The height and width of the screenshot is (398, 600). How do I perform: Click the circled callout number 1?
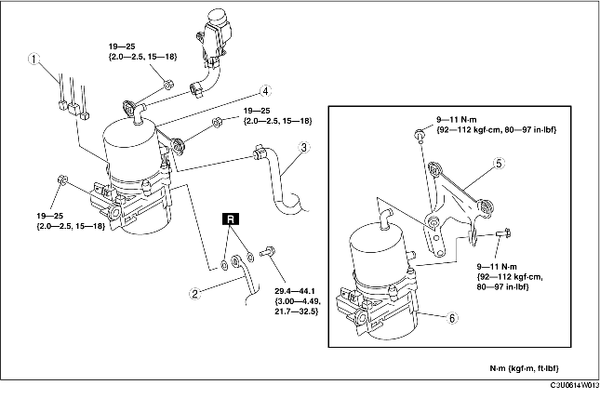[34, 60]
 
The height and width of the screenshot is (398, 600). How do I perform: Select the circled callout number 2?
[195, 294]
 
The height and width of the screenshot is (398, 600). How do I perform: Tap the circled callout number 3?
[304, 148]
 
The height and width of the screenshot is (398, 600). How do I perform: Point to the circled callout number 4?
[265, 91]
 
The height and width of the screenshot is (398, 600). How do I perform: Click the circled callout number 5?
[499, 164]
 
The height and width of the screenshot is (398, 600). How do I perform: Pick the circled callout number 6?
[452, 318]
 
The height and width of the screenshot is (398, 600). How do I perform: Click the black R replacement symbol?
[231, 219]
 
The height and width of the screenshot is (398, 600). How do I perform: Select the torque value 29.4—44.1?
[295, 291]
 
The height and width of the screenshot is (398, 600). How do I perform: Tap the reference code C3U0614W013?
[575, 385]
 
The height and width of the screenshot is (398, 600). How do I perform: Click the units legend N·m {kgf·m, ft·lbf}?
[525, 368]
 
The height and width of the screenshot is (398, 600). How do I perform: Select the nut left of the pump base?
[62, 179]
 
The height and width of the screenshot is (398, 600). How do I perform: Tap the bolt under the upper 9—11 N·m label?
[420, 135]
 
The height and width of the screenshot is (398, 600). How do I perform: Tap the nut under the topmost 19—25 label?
[167, 85]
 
